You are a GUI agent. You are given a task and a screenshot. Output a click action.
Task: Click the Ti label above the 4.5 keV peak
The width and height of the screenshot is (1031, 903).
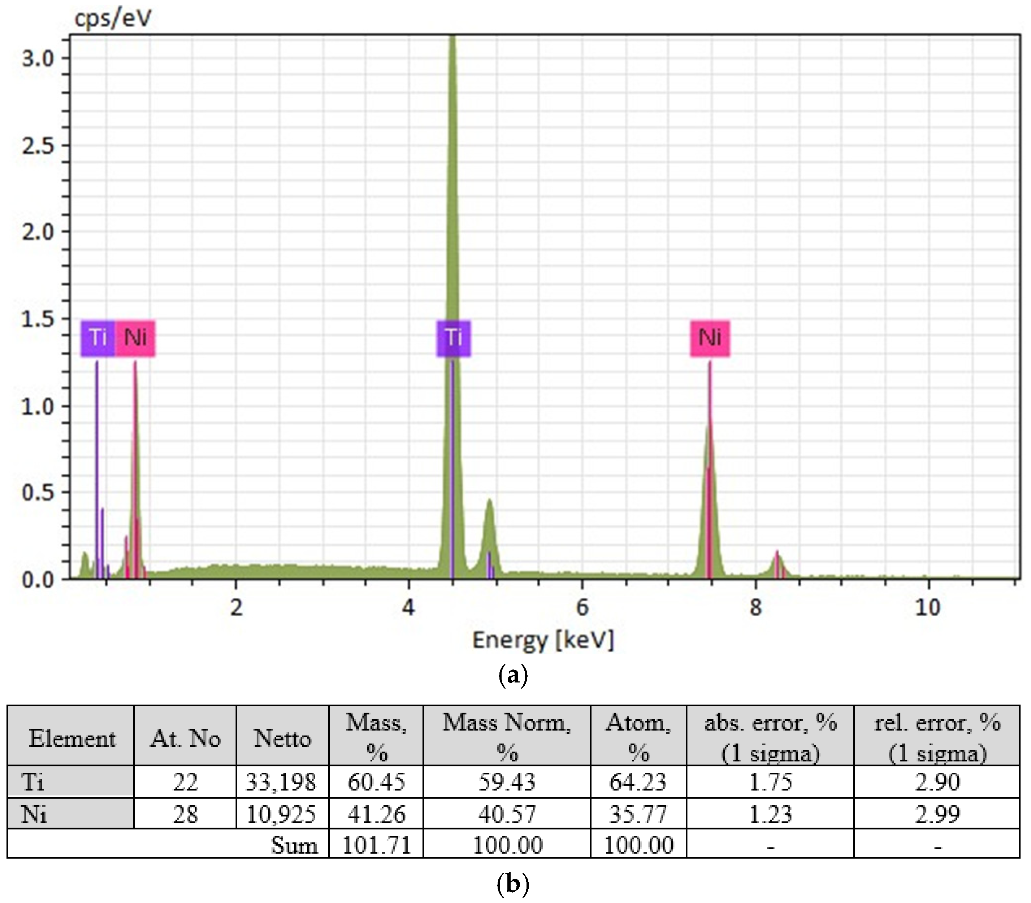pyautogui.click(x=453, y=337)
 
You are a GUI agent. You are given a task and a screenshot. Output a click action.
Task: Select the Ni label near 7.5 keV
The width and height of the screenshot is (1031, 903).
pyautogui.click(x=709, y=337)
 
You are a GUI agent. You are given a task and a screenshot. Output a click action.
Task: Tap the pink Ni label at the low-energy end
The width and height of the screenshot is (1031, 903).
pyautogui.click(x=135, y=337)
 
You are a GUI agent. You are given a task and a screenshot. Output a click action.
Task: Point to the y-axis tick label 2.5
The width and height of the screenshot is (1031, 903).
pyautogui.click(x=38, y=146)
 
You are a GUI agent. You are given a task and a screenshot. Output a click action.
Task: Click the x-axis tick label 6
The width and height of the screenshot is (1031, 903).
pyautogui.click(x=582, y=607)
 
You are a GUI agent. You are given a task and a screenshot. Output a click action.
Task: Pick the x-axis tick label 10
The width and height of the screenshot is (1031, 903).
pyautogui.click(x=928, y=607)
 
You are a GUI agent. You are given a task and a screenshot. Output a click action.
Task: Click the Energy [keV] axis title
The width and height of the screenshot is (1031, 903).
pyautogui.click(x=543, y=641)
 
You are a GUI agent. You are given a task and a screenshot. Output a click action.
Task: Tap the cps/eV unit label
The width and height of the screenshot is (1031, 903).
pyautogui.click(x=113, y=19)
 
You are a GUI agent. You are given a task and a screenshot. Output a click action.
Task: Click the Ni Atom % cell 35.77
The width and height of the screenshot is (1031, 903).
pyautogui.click(x=638, y=814)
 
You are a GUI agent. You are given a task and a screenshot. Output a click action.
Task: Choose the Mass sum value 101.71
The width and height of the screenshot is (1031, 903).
pyautogui.click(x=376, y=845)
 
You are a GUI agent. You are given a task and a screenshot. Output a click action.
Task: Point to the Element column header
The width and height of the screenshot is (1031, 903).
pyautogui.click(x=72, y=739)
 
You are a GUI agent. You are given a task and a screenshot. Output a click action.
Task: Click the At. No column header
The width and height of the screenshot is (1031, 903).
pyautogui.click(x=185, y=739)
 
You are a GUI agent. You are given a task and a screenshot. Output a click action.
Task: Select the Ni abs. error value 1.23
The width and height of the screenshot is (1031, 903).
pyautogui.click(x=770, y=814)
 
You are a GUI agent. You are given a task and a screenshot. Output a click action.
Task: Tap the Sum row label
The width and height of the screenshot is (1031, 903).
pyautogui.click(x=294, y=845)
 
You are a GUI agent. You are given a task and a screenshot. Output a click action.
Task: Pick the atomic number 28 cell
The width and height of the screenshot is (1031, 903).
pyautogui.click(x=185, y=814)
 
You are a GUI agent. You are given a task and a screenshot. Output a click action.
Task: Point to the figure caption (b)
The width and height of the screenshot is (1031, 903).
pyautogui.click(x=513, y=884)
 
